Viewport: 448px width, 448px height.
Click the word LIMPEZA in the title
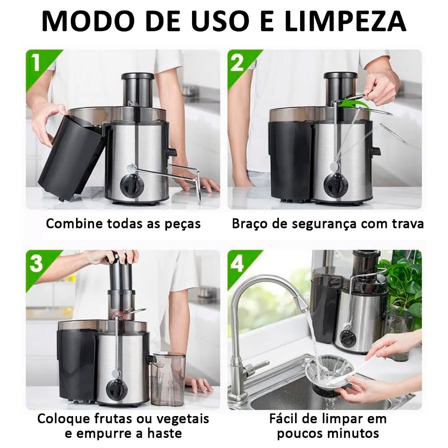346,22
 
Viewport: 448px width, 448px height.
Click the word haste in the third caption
164,433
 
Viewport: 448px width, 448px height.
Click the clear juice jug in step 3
168,378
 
